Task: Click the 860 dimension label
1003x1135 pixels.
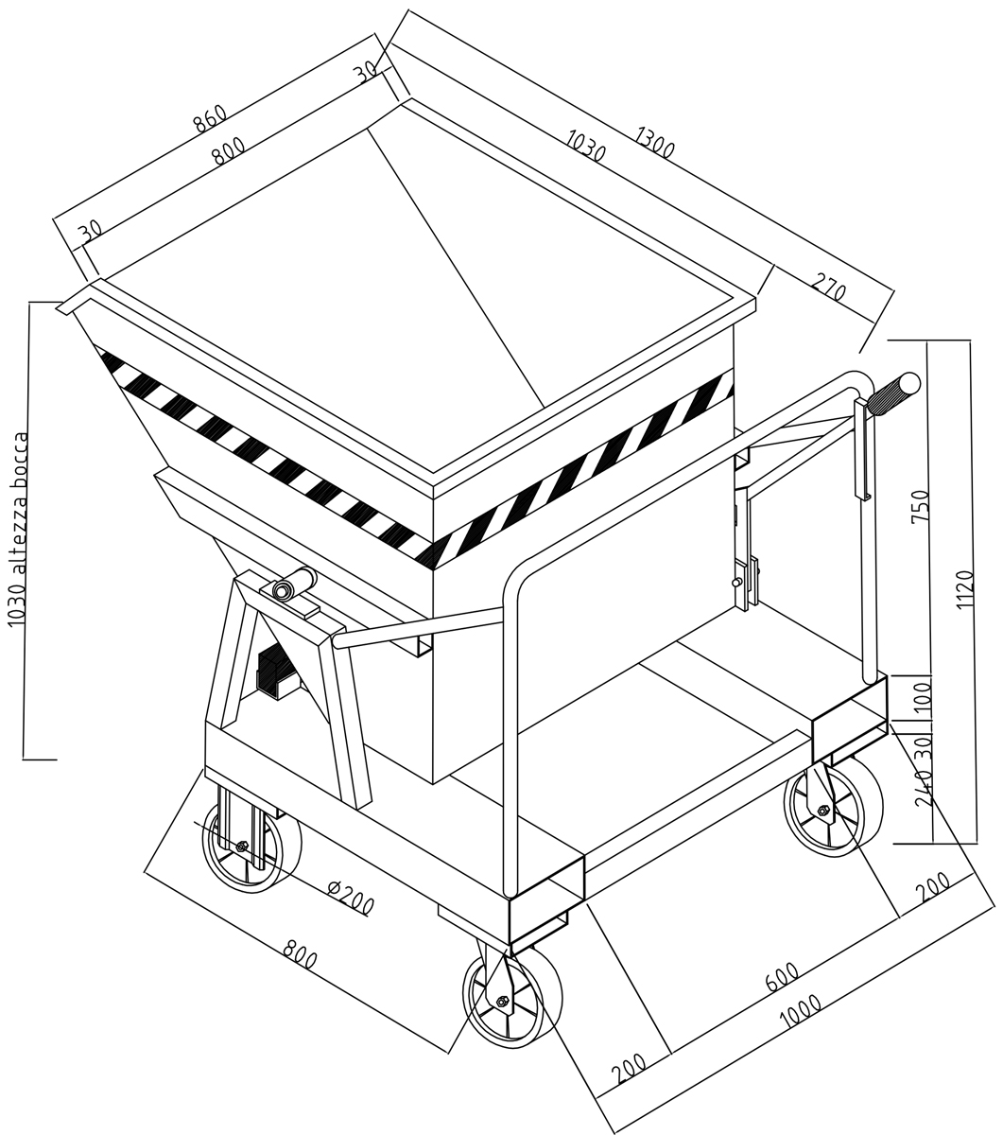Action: point(211,117)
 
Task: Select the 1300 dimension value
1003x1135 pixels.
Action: point(655,142)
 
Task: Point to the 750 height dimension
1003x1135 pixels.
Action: point(920,506)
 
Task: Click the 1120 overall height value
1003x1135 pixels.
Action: point(965,589)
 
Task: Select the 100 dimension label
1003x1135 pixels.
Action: point(922,695)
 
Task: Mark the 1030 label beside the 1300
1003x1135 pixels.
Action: point(586,146)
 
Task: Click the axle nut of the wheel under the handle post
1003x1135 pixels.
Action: point(823,810)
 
